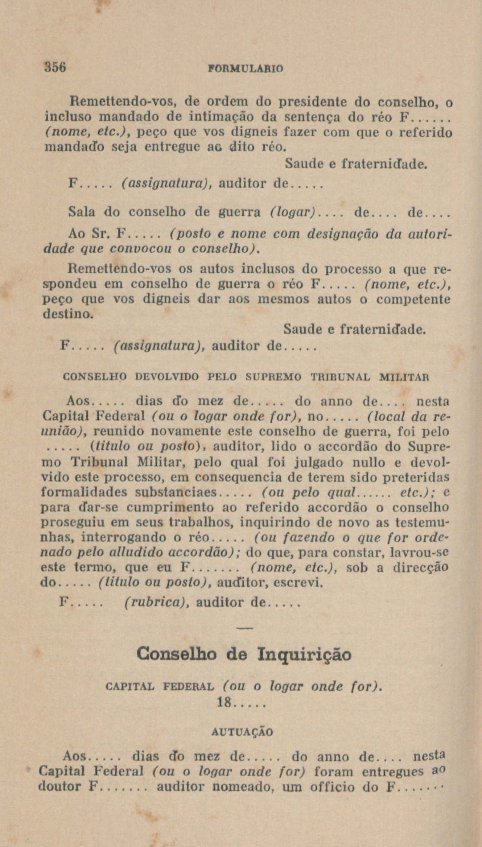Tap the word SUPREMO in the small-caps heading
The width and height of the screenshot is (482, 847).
pos(273,377)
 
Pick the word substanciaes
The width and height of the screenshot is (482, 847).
pos(176,493)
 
